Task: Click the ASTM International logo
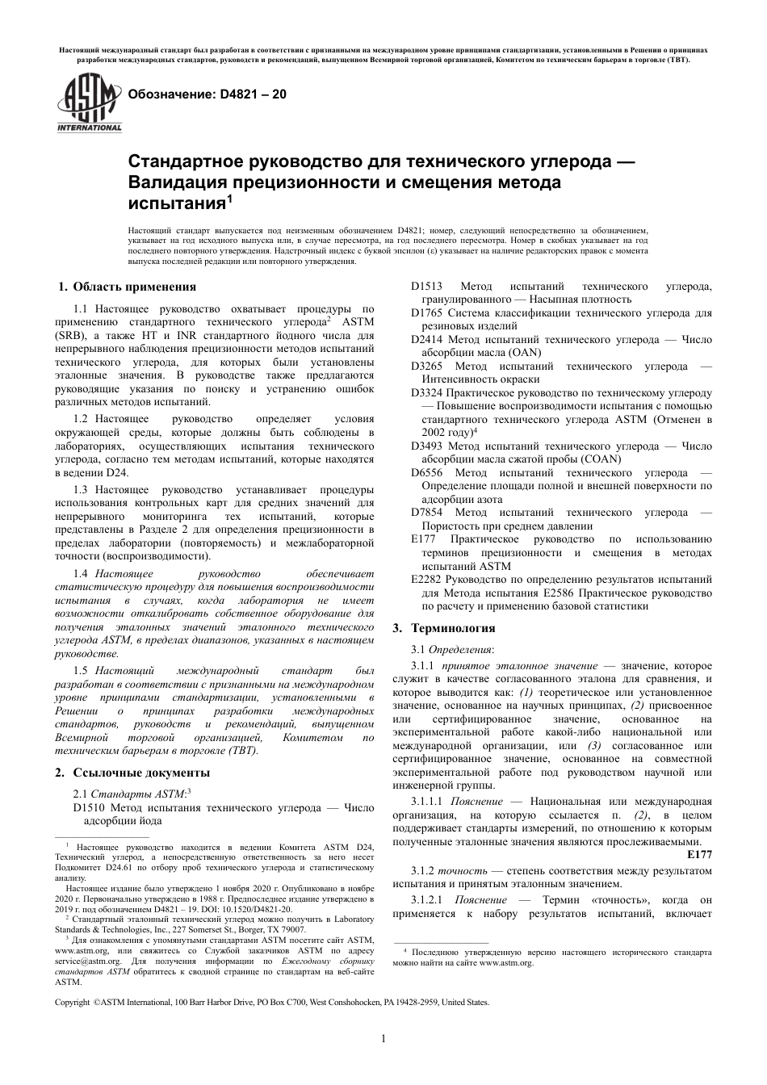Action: (88, 102)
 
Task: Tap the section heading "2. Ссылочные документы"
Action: (132, 773)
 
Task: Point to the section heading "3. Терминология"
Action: (443, 627)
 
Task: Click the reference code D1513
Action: (426, 287)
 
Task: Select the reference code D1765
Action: (426, 312)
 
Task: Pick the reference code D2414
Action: (426, 339)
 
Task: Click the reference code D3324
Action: (426, 393)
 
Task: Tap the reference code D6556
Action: (426, 473)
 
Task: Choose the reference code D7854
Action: (426, 513)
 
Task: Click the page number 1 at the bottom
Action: (383, 1039)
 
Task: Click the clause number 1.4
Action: (81, 572)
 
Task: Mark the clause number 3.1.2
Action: (423, 870)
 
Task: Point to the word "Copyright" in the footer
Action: (72, 1002)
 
